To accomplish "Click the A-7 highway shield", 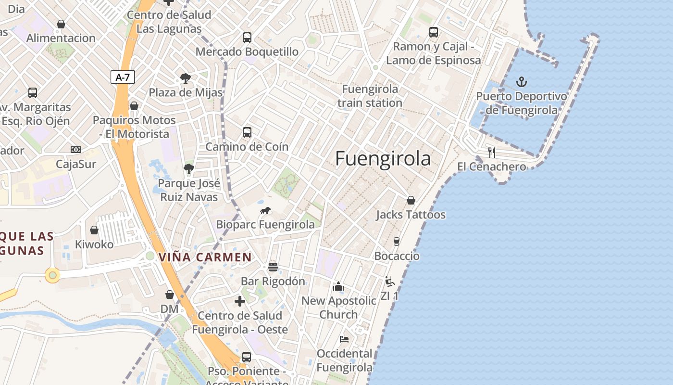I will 123,77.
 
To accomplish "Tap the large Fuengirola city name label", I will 383,158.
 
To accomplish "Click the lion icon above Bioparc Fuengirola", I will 265,210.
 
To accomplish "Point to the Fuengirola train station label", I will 370,96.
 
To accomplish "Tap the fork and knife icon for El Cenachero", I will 491,153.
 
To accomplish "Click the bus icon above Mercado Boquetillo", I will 247,38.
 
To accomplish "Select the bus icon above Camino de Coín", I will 247,132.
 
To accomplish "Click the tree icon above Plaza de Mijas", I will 185,78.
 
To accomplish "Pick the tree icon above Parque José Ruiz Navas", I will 188,169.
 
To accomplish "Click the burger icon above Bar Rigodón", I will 273,267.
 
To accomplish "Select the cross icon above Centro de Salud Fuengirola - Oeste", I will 240,301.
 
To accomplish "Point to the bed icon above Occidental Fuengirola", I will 344,339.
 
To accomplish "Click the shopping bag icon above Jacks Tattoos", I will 411,200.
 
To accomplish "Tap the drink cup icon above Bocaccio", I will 397,242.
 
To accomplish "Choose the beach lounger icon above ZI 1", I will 390,282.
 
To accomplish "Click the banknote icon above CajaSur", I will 76,150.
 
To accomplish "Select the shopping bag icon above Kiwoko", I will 94,230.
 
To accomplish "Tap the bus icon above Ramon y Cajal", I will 434,32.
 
